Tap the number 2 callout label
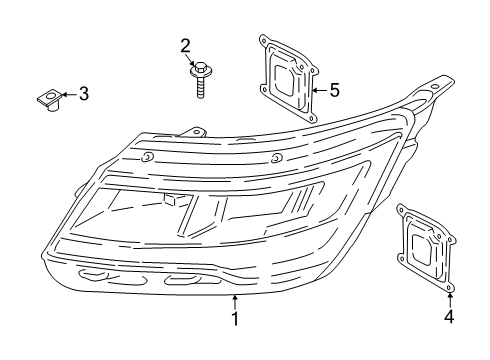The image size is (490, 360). click(185, 45)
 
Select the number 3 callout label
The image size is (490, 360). click(83, 95)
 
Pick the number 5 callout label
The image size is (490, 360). click(334, 90)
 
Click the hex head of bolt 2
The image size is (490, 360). click(197, 69)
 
